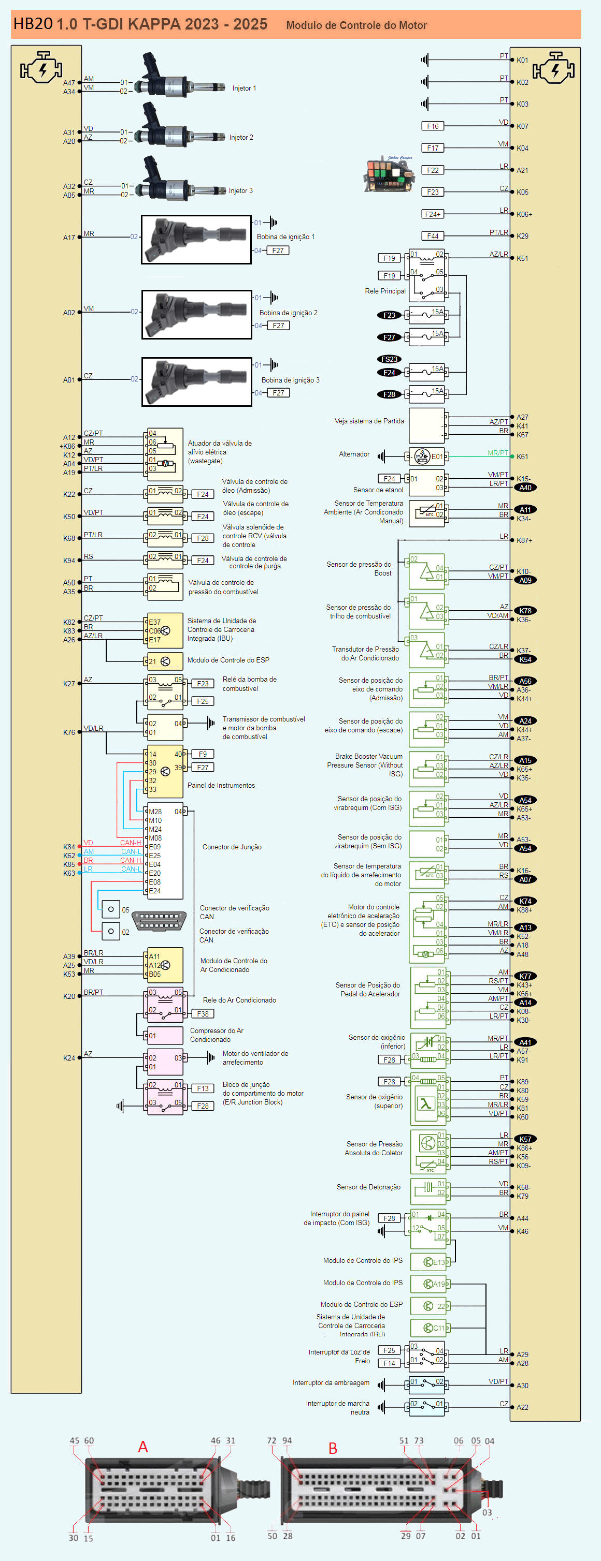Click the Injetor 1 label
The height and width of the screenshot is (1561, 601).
(244, 89)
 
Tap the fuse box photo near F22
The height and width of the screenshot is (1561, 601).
(389, 174)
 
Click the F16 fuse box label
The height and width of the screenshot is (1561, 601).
(433, 126)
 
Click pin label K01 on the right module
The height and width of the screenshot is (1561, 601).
(522, 60)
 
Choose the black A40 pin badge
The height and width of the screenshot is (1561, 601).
(525, 488)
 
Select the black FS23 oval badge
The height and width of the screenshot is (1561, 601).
(389, 359)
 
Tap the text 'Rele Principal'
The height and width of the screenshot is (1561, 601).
(385, 291)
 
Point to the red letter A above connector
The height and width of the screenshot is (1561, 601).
(143, 1447)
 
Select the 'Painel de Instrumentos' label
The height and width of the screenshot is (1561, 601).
(221, 785)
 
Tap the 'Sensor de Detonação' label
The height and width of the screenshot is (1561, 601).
(368, 1187)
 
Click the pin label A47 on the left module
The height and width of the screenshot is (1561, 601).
(69, 83)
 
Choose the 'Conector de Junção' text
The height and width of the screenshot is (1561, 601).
(232, 847)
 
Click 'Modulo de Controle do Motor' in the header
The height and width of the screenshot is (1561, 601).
(356, 25)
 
